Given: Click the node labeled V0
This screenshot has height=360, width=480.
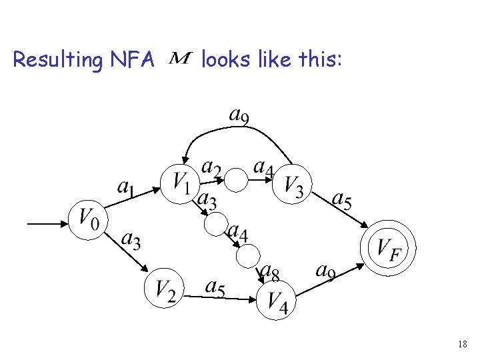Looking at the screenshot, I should coord(89,218).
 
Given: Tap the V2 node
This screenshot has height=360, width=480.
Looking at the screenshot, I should coord(164,289).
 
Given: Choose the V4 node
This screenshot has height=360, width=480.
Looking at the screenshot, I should coord(276,301).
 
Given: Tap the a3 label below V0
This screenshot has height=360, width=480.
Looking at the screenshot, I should coord(131,239).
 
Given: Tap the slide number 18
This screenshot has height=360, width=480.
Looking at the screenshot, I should coord(463,344).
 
